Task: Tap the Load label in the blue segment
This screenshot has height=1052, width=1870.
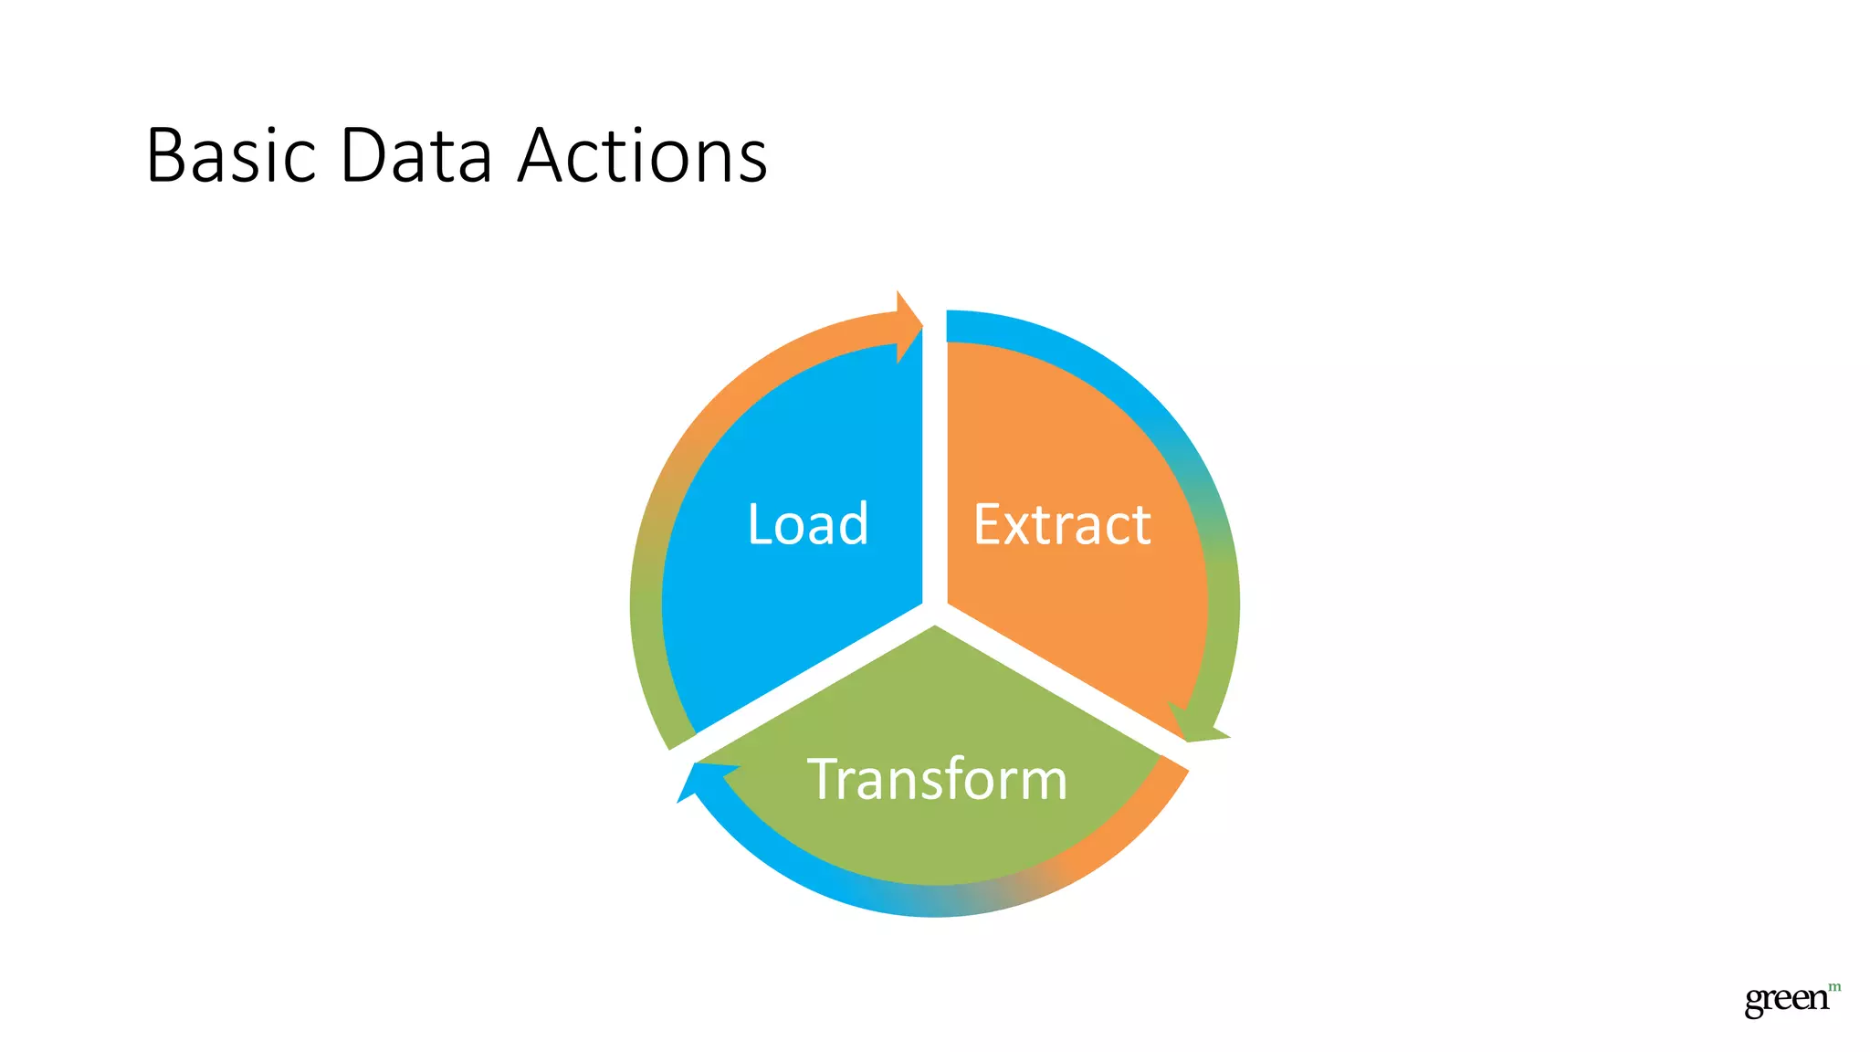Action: (x=808, y=524)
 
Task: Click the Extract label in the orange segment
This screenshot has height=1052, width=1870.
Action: (x=1062, y=524)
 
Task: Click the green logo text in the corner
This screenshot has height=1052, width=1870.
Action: (x=1786, y=999)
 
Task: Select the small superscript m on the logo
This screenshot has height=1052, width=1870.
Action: (x=1834, y=987)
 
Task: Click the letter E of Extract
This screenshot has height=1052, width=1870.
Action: (x=989, y=524)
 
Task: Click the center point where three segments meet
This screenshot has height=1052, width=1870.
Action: (x=934, y=612)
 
